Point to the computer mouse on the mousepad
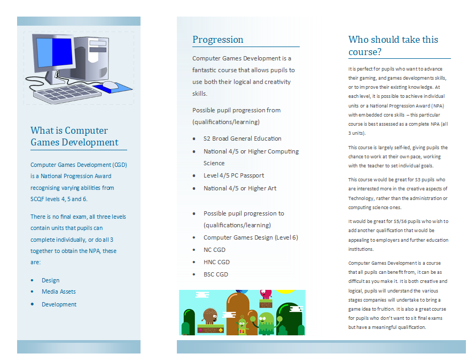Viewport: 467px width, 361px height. click(x=110, y=85)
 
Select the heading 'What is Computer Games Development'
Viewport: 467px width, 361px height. click(x=75, y=136)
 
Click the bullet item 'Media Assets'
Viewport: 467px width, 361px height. click(x=59, y=291)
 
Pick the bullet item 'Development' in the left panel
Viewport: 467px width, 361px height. click(x=59, y=304)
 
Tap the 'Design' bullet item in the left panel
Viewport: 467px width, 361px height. click(x=50, y=280)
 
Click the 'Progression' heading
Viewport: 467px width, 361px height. click(x=217, y=40)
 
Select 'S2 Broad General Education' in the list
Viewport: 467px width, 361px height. click(x=242, y=138)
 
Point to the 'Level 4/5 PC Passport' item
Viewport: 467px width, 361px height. click(x=233, y=175)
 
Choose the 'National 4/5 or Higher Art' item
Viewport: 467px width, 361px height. click(x=240, y=188)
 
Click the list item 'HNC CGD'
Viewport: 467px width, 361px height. click(x=216, y=262)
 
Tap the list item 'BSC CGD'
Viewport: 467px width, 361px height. click(x=215, y=274)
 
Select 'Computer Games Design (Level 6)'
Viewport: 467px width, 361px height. click(x=251, y=237)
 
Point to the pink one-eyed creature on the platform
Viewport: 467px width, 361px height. click(x=265, y=294)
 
